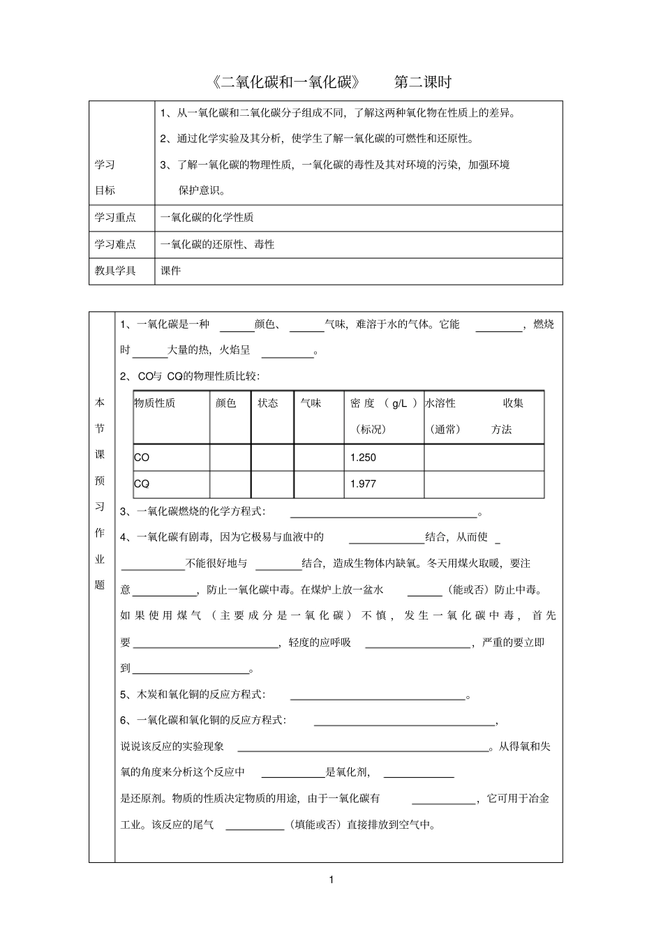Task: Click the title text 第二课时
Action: point(422,82)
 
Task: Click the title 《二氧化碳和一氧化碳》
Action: point(286,82)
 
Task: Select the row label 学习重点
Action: point(115,218)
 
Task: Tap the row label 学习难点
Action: point(115,244)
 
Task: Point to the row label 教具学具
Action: point(115,271)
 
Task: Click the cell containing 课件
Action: point(171,271)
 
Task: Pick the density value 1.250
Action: point(363,458)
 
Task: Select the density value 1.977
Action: point(363,484)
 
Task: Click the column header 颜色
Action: point(226,403)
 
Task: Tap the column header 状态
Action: point(268,403)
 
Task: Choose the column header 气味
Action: point(311,403)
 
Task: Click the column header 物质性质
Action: point(155,403)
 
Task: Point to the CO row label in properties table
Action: point(142,458)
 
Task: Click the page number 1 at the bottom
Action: point(331,880)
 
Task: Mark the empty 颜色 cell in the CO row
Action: point(230,458)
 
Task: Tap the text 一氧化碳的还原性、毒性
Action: point(218,244)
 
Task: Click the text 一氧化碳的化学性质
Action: point(207,218)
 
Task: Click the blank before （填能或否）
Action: point(255,825)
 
